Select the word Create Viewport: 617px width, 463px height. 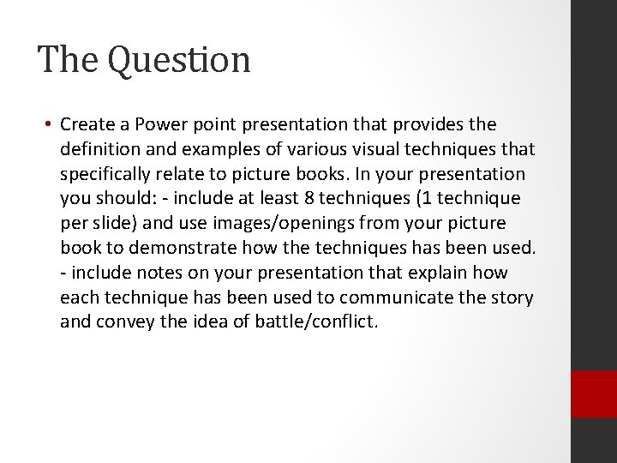87,125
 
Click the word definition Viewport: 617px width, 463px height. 100,150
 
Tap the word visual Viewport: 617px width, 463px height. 372,150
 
